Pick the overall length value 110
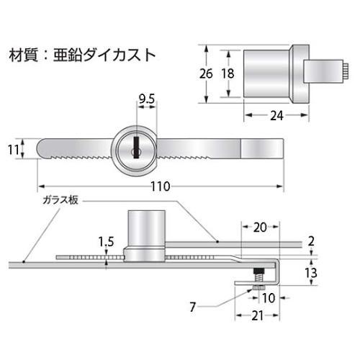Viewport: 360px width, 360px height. pos(159,186)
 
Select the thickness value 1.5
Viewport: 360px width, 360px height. pos(107,241)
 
